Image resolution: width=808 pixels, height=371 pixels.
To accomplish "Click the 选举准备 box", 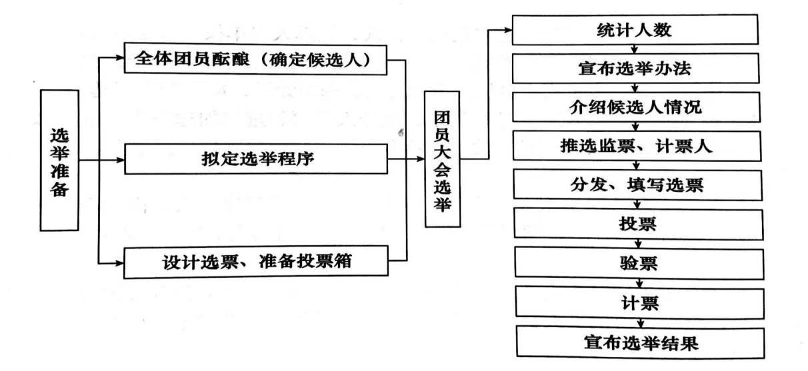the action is tap(59, 160).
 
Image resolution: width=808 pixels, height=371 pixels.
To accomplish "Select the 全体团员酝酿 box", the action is tap(255, 59).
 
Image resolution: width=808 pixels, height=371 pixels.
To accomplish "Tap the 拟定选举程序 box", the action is tap(256, 159).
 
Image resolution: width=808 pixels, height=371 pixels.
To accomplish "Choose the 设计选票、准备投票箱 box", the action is tap(256, 262).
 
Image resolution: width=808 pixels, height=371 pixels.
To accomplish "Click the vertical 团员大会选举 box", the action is tap(442, 159).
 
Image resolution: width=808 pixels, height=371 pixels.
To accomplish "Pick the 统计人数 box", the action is tap(635, 29).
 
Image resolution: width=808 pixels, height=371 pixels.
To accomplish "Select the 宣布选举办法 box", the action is tap(635, 68).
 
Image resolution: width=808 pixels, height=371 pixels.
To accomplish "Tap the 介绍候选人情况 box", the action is tap(636, 107).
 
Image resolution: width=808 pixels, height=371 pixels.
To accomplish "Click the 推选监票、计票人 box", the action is tap(637, 146).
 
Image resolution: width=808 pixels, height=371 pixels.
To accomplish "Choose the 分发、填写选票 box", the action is tap(638, 185).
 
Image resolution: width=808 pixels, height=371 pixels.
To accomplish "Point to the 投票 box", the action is tap(639, 224).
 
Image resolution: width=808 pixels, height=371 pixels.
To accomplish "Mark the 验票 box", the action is tap(639, 263).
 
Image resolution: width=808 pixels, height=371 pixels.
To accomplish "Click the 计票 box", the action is tap(640, 303).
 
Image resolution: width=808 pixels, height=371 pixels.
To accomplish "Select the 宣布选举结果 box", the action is tap(641, 342).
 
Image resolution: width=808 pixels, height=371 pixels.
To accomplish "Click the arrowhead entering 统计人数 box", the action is tap(508, 30).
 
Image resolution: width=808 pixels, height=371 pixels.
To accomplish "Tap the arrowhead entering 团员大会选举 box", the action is tap(420, 159).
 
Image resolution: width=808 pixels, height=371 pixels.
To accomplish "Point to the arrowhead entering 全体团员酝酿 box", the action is tap(120, 57).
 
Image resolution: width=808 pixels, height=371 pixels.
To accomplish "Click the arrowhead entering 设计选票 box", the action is tap(119, 264).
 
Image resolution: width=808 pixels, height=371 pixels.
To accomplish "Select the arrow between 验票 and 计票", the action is tap(639, 283).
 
